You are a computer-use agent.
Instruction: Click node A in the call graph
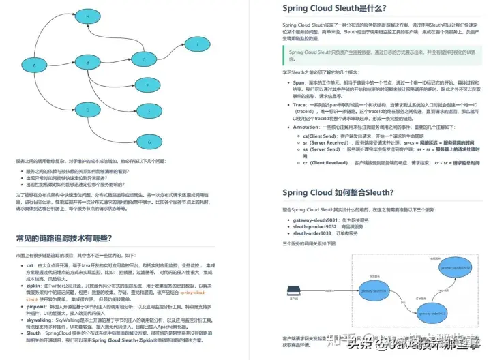[35, 65]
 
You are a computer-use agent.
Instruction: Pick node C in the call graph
[145, 60]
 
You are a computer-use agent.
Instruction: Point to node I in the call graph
[198, 45]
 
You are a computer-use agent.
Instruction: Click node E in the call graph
[148, 87]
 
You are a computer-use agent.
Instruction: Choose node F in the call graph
[148, 109]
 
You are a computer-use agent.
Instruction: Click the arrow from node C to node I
[172, 53]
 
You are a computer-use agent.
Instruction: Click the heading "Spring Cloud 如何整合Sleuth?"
[338, 193]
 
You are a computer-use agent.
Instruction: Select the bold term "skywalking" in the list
[40, 320]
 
